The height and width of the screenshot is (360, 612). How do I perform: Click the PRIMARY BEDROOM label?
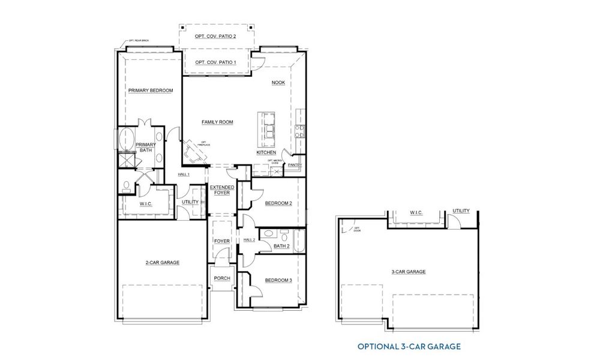[x=151, y=91]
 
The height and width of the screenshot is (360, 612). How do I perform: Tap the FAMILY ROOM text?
[x=217, y=122]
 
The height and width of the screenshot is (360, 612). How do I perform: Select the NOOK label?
[x=278, y=83]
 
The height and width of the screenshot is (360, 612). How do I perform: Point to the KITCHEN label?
[x=266, y=152]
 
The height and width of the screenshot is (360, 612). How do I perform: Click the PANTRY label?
[x=295, y=165]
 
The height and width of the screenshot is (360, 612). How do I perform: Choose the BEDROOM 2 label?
[x=278, y=203]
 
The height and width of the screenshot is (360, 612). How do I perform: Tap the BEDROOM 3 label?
[x=278, y=280]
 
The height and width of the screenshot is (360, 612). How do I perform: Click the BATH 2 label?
[x=281, y=246]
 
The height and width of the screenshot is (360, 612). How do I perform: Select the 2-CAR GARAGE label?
[x=162, y=262]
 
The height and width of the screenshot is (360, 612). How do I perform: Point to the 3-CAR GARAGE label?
[x=409, y=272]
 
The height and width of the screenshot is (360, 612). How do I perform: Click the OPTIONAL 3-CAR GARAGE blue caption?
[x=409, y=346]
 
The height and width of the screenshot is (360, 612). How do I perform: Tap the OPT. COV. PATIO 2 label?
[x=215, y=37]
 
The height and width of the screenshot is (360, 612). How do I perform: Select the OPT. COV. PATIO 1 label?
[x=215, y=62]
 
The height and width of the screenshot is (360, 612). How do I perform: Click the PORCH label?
[x=222, y=278]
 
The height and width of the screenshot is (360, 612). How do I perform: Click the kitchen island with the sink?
[x=266, y=128]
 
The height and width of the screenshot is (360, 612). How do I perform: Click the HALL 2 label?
[x=250, y=240]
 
